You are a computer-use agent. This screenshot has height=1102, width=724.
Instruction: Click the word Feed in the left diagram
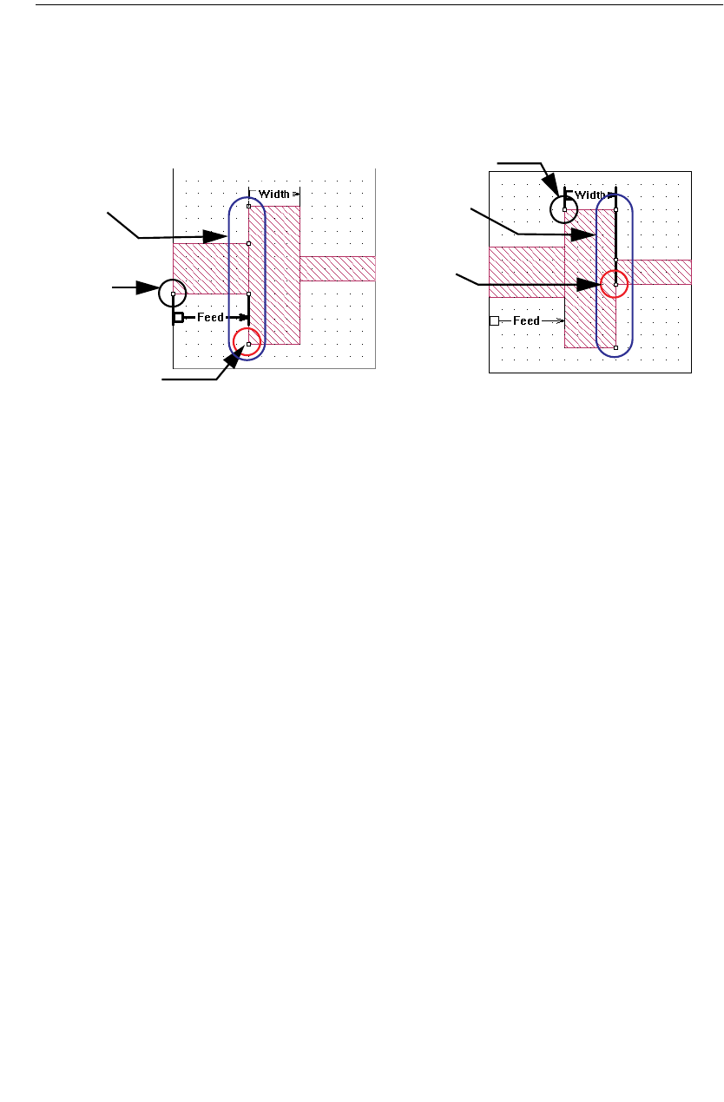click(x=210, y=318)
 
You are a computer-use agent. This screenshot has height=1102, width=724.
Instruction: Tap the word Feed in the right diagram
click(x=526, y=320)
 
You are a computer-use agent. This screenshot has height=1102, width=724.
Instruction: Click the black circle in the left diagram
click(x=173, y=294)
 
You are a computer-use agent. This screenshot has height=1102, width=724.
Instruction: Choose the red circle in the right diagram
click(x=615, y=283)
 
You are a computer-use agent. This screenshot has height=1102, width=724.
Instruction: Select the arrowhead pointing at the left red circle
click(x=230, y=363)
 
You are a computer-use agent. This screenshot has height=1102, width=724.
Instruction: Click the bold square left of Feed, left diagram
click(x=178, y=318)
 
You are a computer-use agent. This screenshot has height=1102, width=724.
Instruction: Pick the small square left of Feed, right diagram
click(x=494, y=320)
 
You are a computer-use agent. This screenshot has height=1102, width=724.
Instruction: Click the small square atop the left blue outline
click(x=249, y=206)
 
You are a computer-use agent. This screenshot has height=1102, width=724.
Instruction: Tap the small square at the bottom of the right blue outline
click(x=615, y=347)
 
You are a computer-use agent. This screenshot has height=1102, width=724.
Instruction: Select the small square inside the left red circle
click(x=249, y=346)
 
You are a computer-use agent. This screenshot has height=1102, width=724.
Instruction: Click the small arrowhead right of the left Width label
click(x=296, y=195)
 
